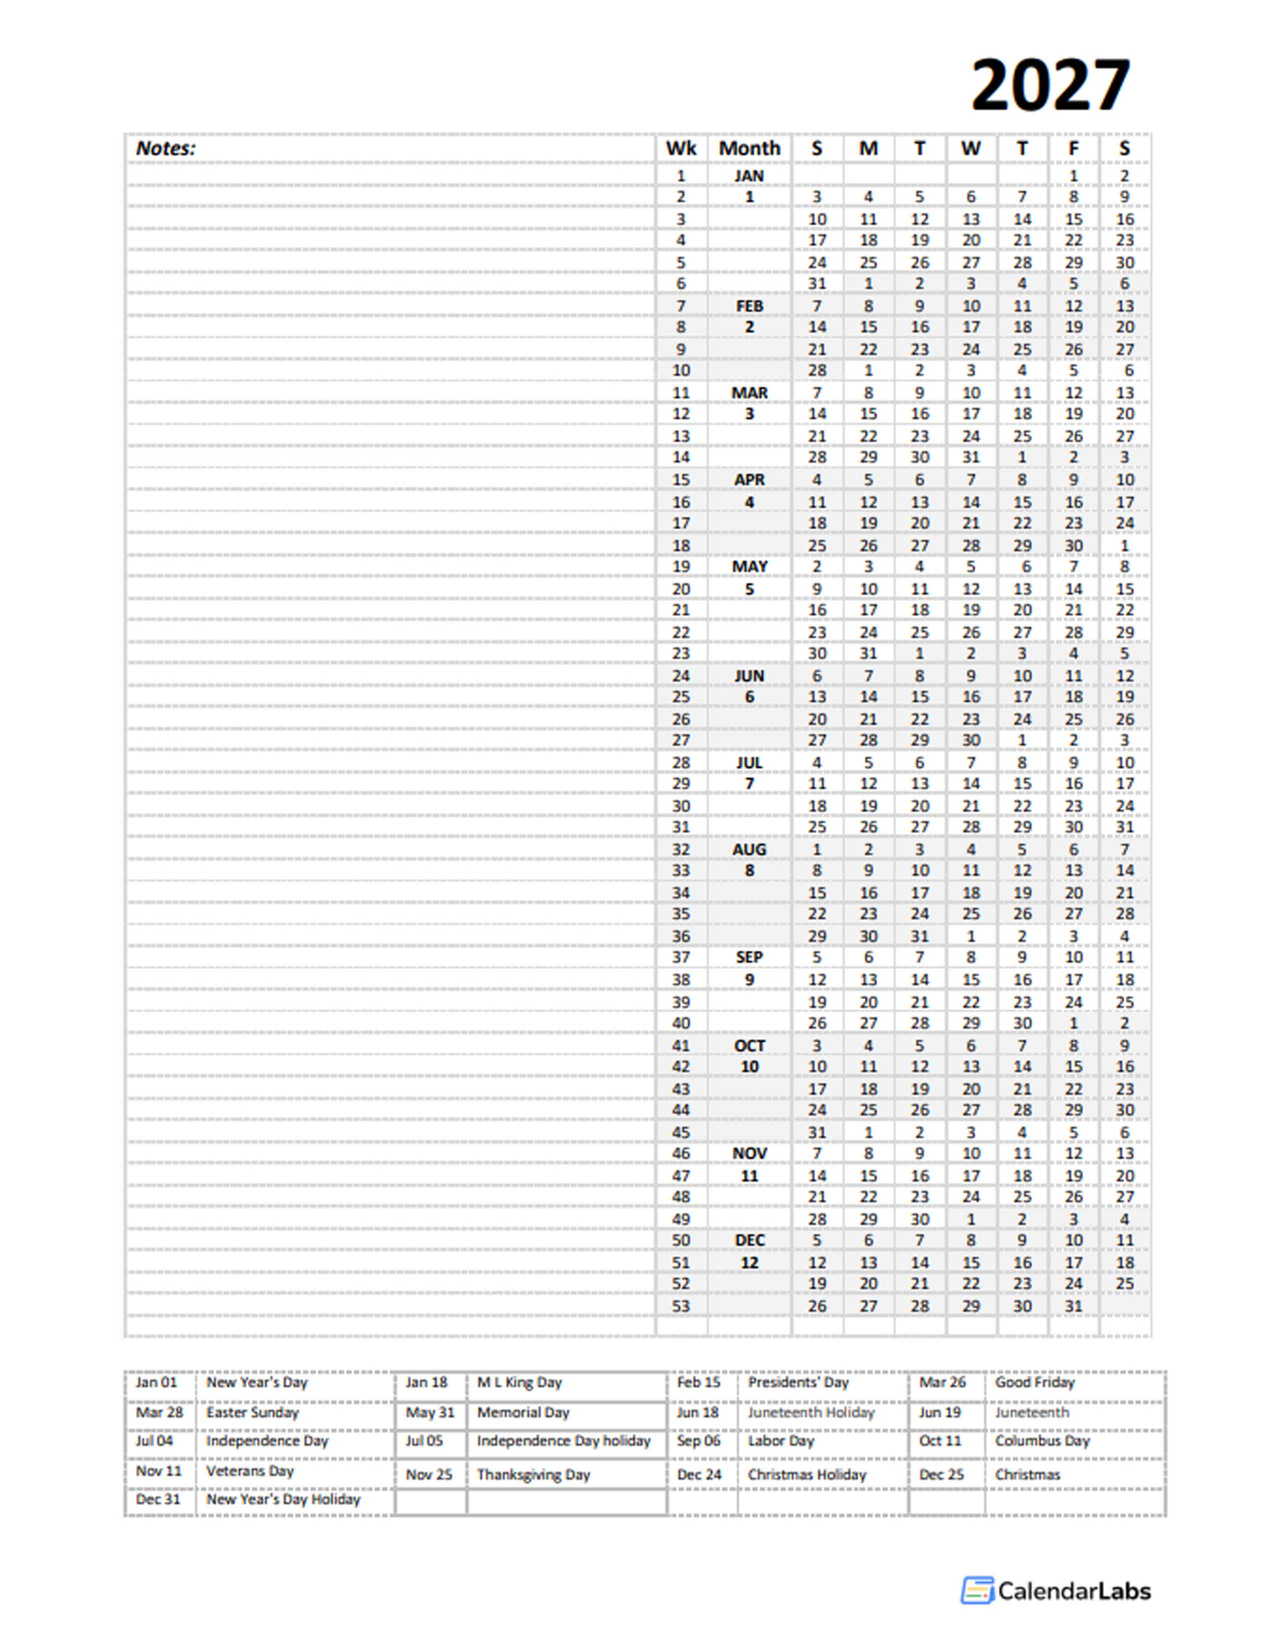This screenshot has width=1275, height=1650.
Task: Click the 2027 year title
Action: click(x=1050, y=85)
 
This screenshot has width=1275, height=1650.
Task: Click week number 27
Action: click(x=680, y=740)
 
